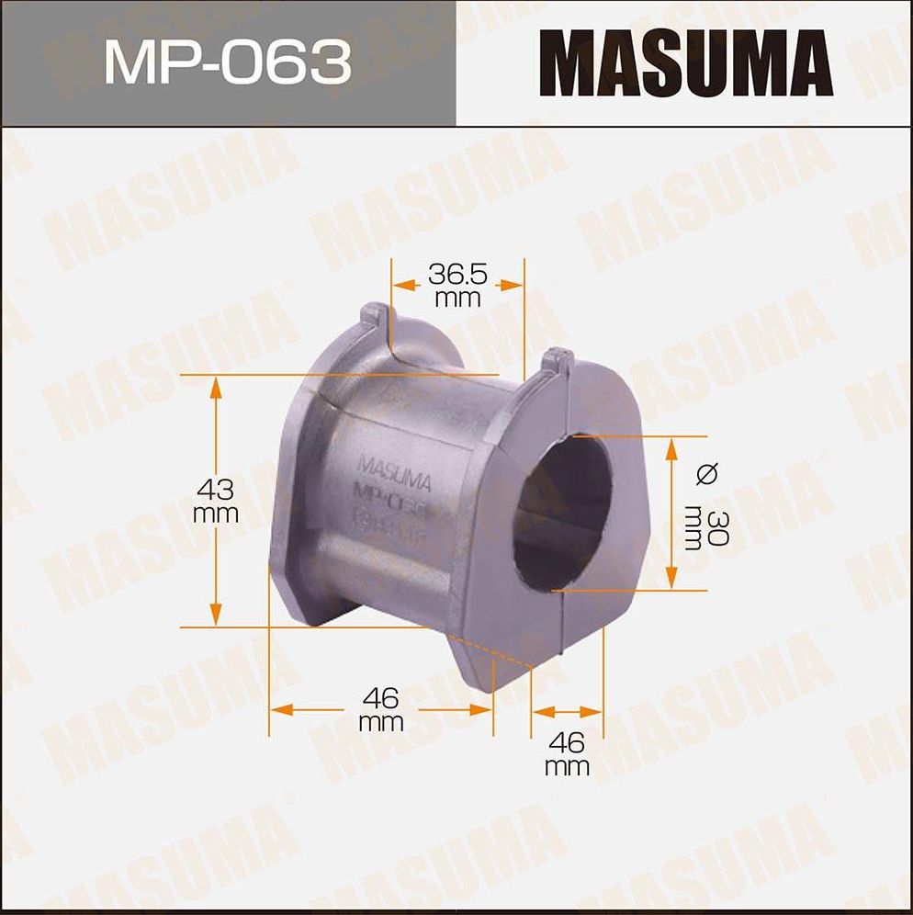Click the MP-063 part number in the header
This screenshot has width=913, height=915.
[227, 63]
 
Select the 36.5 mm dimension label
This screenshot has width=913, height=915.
[457, 285]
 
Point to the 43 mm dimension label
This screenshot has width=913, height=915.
[216, 501]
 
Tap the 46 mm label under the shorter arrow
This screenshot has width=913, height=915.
[567, 754]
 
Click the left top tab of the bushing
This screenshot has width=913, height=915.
[373, 318]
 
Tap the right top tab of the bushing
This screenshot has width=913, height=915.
[557, 359]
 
